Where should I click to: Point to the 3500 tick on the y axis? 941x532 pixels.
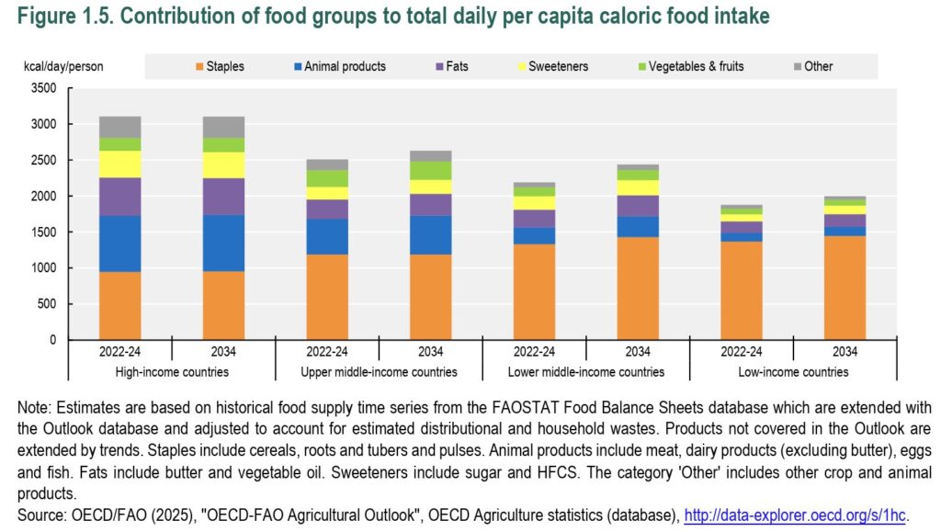click(x=44, y=88)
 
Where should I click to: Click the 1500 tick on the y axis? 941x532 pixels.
click(x=44, y=232)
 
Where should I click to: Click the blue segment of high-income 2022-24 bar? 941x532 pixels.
click(x=120, y=243)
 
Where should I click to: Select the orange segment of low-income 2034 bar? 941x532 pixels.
click(x=845, y=288)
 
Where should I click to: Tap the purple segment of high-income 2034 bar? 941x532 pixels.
click(x=223, y=197)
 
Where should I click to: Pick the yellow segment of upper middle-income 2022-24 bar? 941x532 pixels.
click(x=327, y=193)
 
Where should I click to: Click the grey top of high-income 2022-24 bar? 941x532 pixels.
click(x=120, y=127)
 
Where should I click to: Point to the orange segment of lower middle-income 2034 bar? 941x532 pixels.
click(x=638, y=289)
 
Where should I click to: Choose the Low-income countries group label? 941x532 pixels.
click(x=793, y=372)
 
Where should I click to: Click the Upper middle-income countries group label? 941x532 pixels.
click(x=379, y=372)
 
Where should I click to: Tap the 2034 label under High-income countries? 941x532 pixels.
click(x=223, y=352)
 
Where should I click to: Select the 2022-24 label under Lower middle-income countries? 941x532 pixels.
click(x=534, y=352)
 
